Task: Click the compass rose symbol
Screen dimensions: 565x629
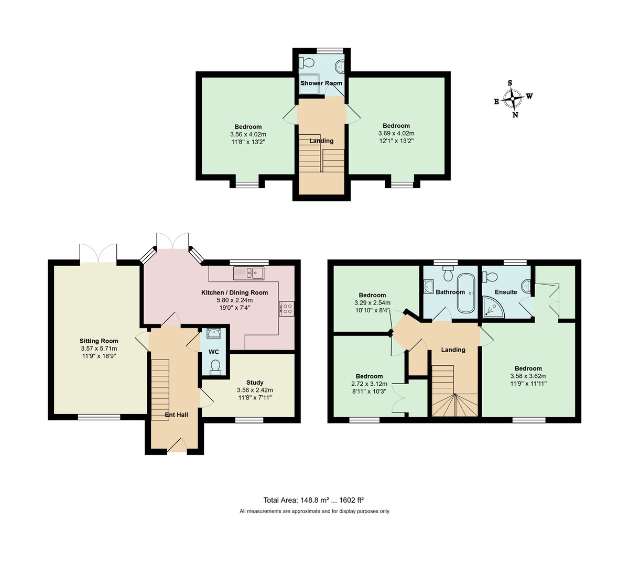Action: click(513, 98)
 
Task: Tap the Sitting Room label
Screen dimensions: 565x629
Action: click(99, 341)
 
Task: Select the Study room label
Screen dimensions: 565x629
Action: click(255, 383)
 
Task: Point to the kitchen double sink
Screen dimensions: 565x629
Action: click(250, 273)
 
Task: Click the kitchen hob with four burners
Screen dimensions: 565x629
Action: click(287, 309)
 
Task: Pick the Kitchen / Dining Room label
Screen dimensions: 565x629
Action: click(235, 293)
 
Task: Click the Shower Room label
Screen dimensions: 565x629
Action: click(321, 83)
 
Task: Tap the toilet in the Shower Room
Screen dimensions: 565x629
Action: click(307, 63)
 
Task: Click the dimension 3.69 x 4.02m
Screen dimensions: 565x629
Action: click(396, 133)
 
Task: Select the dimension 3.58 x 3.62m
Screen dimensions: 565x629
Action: click(528, 376)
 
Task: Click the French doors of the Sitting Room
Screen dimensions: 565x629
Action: click(98, 254)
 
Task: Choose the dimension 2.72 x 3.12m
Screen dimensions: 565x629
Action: click(369, 384)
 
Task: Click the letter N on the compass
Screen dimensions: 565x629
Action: click(515, 115)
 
